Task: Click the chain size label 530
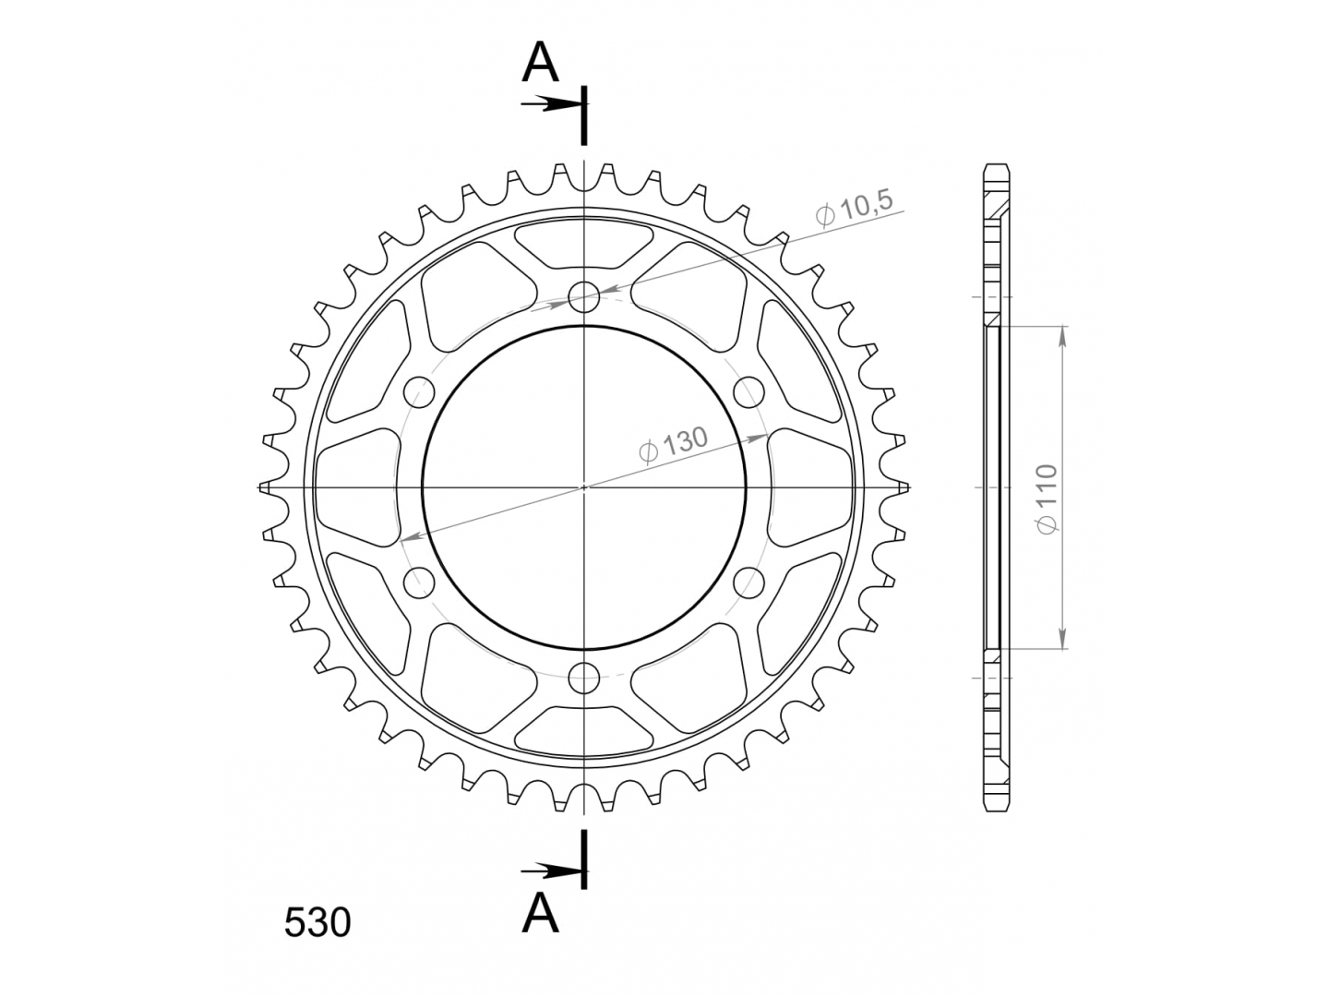[x=317, y=923]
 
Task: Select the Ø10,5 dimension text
[x=855, y=209]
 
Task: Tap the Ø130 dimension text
[x=673, y=445]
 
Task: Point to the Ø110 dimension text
[x=1047, y=498]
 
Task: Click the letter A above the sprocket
[x=540, y=63]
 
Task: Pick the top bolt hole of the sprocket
[x=583, y=296]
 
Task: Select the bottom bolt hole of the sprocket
[x=583, y=678]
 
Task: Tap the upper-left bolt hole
[x=419, y=391]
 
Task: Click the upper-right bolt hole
[x=748, y=391]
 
